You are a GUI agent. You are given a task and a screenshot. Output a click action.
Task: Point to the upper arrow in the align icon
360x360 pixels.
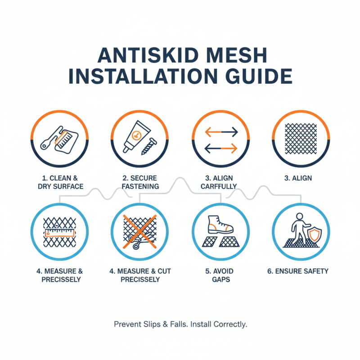(x=221, y=132)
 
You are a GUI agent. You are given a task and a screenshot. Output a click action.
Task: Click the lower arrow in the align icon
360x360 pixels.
(x=221, y=147)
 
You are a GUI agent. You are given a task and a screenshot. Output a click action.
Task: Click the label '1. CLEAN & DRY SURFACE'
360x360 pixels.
(x=60, y=182)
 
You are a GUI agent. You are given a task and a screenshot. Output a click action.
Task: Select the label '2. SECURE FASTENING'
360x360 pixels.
(x=140, y=182)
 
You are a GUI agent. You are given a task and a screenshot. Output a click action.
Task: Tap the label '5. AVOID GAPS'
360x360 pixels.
(x=221, y=275)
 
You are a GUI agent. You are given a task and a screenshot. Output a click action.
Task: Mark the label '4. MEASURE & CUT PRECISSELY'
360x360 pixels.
(x=140, y=275)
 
